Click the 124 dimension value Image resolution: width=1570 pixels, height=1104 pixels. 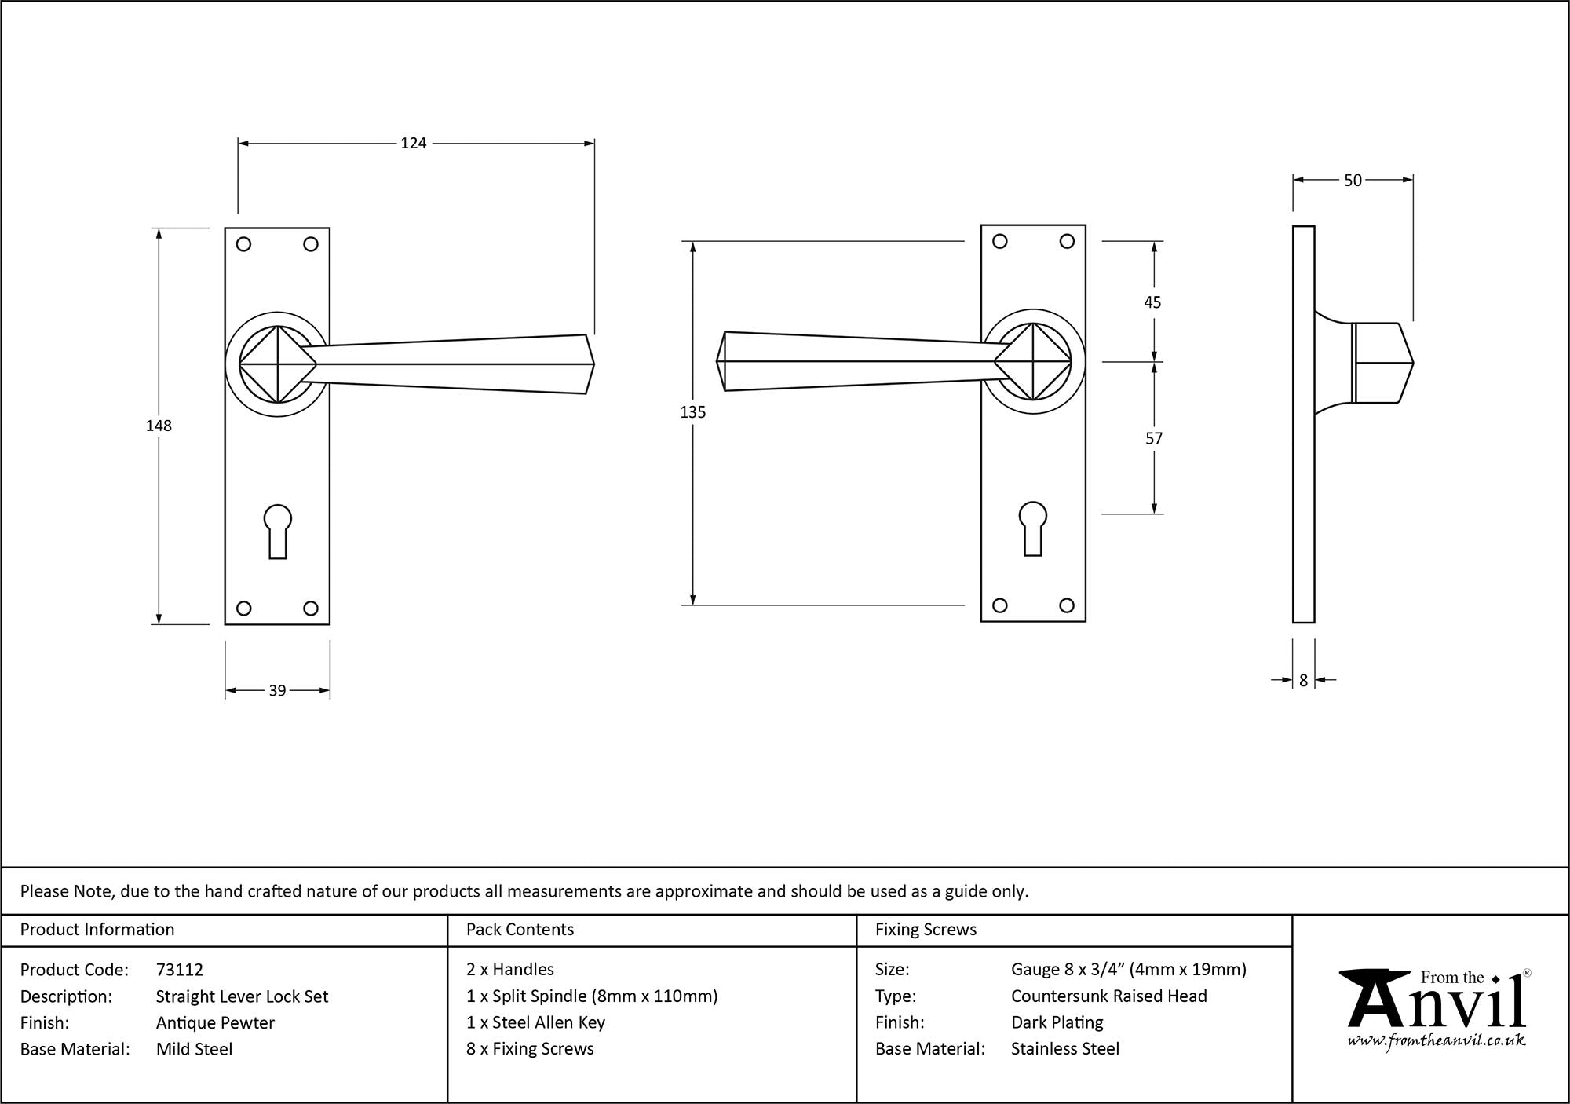(x=413, y=143)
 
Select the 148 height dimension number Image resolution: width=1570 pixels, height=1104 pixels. (x=159, y=426)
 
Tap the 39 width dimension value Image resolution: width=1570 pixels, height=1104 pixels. (x=277, y=691)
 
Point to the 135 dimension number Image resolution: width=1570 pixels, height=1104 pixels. (x=693, y=412)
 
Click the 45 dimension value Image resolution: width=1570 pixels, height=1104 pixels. (x=1152, y=302)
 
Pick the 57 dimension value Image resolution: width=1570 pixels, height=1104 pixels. (x=1153, y=439)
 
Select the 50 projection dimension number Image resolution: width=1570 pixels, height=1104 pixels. (x=1353, y=181)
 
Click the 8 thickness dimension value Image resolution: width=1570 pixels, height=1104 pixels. (x=1303, y=681)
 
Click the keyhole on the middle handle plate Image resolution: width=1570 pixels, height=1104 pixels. (x=1033, y=528)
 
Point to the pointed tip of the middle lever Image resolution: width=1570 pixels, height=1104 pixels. (x=718, y=362)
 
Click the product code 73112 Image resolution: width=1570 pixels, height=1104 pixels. (x=180, y=970)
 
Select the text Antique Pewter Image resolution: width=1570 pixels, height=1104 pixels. (x=215, y=1022)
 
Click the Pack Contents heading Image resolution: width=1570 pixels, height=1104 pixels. (x=520, y=930)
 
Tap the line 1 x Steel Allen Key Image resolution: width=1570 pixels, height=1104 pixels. (x=535, y=1022)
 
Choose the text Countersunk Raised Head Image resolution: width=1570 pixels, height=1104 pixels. (x=1108, y=996)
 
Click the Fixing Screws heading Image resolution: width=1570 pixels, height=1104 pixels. (x=926, y=930)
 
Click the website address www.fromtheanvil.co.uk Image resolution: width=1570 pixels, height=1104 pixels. (x=1437, y=1041)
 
